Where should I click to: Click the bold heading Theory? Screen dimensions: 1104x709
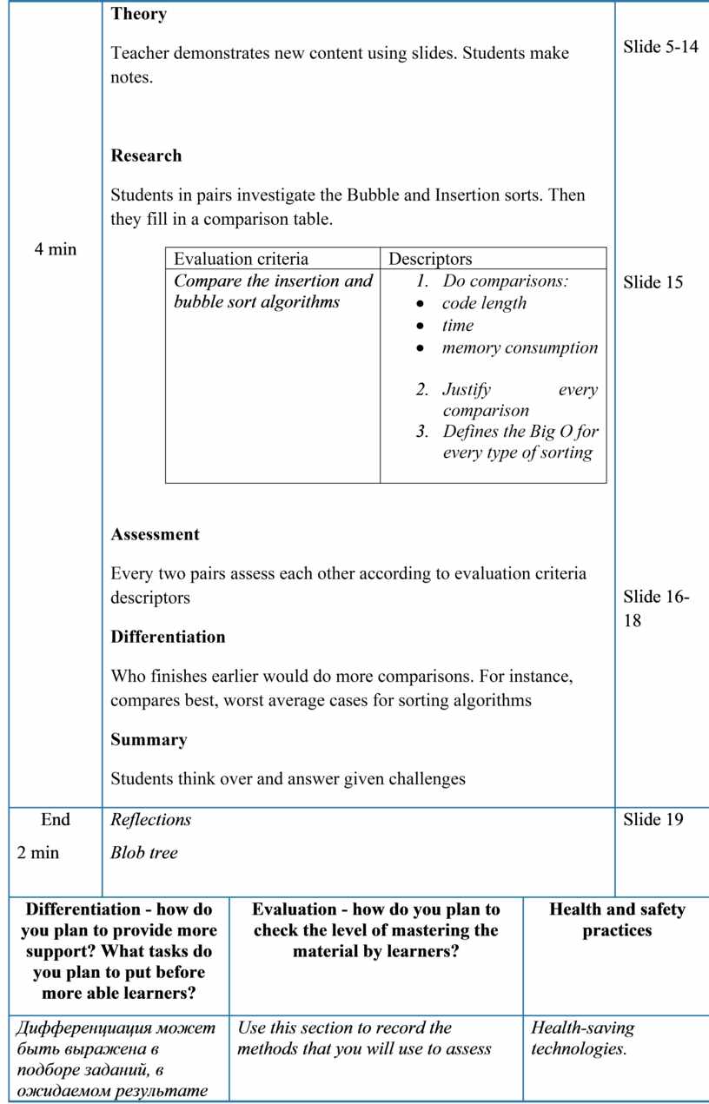click(x=139, y=15)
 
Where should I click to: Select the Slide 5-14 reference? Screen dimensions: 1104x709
click(x=660, y=47)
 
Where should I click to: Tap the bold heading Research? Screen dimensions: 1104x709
click(x=146, y=156)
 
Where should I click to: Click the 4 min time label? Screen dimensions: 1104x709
click(x=56, y=250)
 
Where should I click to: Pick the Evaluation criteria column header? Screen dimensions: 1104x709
click(x=241, y=259)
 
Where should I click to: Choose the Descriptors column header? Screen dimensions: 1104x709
click(x=430, y=259)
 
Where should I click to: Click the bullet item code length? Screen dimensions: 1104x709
click(x=484, y=303)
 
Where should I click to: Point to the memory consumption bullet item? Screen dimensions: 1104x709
click(x=520, y=348)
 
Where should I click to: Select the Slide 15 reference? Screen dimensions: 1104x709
click(x=653, y=282)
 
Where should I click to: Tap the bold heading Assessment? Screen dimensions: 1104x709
click(x=155, y=535)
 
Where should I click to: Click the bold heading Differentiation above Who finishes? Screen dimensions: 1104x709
click(x=168, y=638)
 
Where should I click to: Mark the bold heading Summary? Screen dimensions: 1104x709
click(x=149, y=740)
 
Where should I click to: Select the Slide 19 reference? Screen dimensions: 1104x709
click(x=653, y=820)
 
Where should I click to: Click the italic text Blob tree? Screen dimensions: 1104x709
click(x=144, y=853)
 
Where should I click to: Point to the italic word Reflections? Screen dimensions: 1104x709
click(x=151, y=820)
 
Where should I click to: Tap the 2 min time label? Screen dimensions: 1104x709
click(x=38, y=853)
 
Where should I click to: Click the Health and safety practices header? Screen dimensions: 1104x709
click(x=617, y=920)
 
